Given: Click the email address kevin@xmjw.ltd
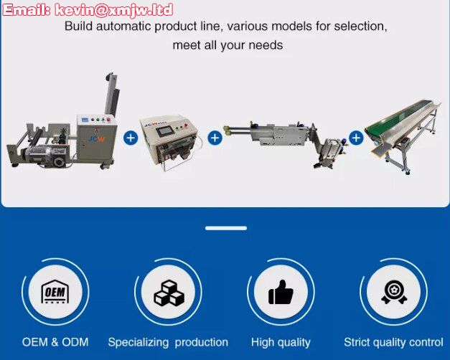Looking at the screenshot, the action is pyautogui.click(x=114, y=10).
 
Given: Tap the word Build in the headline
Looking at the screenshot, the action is pyautogui.click(x=78, y=26).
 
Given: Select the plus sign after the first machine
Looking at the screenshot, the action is pyautogui.click(x=131, y=138).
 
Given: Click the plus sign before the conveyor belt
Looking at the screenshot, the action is pyautogui.click(x=356, y=138).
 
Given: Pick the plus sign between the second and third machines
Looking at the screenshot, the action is pyautogui.click(x=215, y=138).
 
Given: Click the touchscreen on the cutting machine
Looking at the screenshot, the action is pyautogui.click(x=164, y=131).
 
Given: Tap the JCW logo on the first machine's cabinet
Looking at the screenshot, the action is pyautogui.click(x=97, y=139).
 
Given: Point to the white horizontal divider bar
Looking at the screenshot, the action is pyautogui.click(x=226, y=228).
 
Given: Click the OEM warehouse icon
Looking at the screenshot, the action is pyautogui.click(x=55, y=291).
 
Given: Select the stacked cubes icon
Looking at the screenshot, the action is pyautogui.click(x=169, y=293).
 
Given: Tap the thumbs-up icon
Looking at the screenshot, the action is pyautogui.click(x=281, y=292).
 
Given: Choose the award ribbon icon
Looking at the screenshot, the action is pyautogui.click(x=394, y=292).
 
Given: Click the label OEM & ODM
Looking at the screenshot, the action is pyautogui.click(x=55, y=342).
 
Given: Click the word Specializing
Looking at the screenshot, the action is pyautogui.click(x=138, y=343).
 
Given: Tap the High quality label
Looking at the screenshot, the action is pyautogui.click(x=281, y=343).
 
